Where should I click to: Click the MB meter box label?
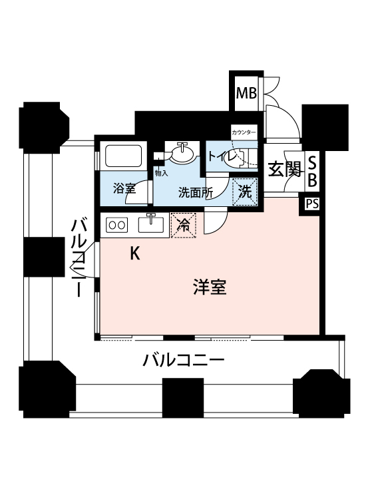click(246, 94)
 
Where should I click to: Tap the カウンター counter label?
click(244, 132)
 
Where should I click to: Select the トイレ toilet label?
click(222, 156)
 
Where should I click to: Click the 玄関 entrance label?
click(284, 169)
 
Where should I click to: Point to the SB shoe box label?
click(313, 172)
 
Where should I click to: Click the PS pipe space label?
click(312, 204)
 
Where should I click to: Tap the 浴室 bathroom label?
click(124, 188)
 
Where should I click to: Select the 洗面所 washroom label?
click(195, 192)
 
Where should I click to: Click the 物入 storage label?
click(161, 174)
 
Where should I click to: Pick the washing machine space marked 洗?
click(245, 192)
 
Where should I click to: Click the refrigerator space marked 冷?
click(183, 226)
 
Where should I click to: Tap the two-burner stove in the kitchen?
click(117, 225)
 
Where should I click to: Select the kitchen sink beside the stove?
click(151, 224)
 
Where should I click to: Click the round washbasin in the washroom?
click(183, 154)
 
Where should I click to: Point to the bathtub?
click(123, 156)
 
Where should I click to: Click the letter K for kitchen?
click(135, 253)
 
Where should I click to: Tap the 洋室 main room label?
click(210, 287)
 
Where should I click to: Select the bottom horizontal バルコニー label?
click(183, 360)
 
